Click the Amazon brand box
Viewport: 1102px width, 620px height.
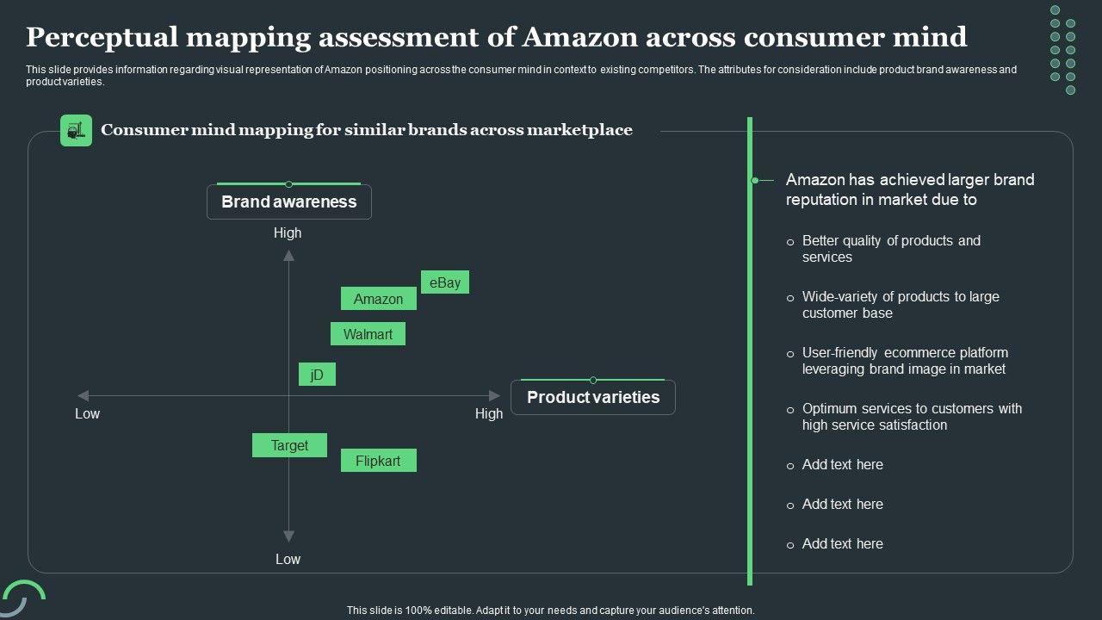379,299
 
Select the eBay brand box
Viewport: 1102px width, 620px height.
445,282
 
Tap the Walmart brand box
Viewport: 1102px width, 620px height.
368,334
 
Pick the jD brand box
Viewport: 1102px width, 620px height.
317,375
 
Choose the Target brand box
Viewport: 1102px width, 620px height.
289,445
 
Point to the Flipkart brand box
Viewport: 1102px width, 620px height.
378,461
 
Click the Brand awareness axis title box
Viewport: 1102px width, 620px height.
289,202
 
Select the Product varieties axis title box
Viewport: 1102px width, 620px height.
593,397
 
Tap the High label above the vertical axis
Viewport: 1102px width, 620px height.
288,232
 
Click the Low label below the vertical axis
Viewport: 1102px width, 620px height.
288,559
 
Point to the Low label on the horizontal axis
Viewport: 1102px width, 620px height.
87,413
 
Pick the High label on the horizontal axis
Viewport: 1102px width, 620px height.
489,413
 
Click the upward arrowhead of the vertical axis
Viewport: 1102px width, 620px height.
289,256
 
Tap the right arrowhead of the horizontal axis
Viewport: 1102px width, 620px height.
495,396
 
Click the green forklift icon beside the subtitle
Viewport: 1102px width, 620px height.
76,130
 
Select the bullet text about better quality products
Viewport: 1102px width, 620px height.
891,249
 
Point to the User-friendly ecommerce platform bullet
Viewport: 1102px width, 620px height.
904,361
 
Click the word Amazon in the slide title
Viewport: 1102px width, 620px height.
579,37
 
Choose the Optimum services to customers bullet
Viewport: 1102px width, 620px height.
912,417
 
